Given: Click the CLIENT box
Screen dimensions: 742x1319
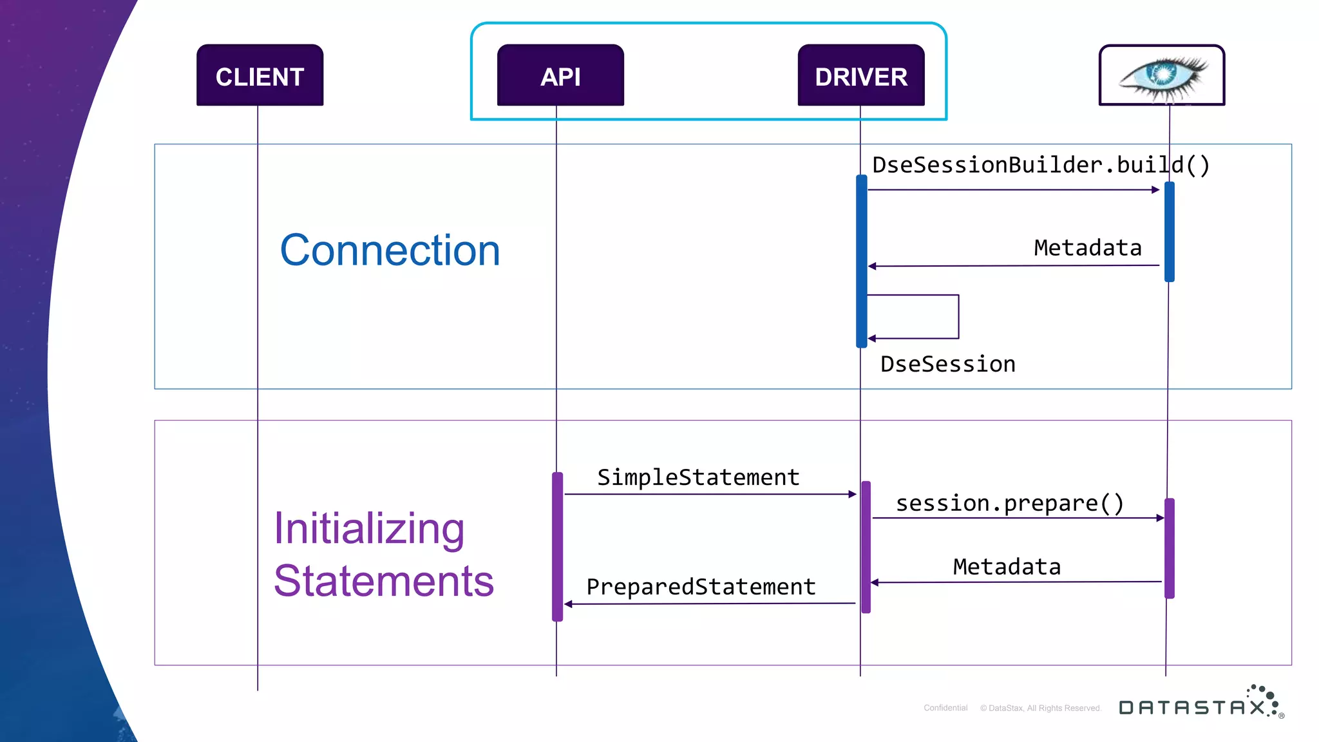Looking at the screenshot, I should click(260, 76).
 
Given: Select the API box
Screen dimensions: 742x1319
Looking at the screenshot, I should click(560, 76).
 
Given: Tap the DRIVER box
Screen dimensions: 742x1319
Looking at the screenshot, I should click(861, 76).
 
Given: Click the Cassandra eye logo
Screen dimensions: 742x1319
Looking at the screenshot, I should click(1162, 75).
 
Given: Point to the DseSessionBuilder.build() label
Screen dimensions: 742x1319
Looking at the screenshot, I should click(1041, 165).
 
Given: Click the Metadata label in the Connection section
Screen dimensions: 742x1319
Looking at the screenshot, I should click(1087, 248).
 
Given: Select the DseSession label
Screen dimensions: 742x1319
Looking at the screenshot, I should click(947, 365).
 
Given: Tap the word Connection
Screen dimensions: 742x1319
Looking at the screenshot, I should click(390, 250).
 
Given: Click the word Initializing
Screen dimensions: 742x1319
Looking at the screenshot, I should click(369, 528).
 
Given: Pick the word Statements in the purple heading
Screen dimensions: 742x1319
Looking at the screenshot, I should click(384, 581).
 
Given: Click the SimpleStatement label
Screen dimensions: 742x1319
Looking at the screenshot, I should click(698, 477).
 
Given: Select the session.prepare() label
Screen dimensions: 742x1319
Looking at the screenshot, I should click(1009, 503).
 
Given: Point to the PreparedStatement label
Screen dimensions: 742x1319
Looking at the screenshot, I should click(701, 587).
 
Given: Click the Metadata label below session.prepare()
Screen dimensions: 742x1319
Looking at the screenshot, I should click(1007, 567).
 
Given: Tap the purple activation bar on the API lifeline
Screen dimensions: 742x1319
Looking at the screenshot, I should click(558, 546).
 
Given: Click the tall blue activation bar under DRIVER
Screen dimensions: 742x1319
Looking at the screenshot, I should click(862, 261).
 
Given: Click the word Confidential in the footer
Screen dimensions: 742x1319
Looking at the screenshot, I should click(945, 708).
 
